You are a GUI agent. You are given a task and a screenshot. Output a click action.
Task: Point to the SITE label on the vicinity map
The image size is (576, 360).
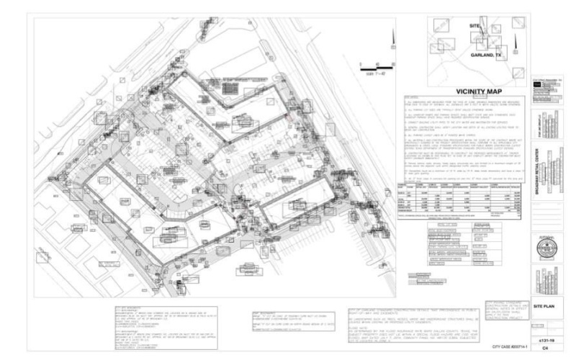coord(474,27)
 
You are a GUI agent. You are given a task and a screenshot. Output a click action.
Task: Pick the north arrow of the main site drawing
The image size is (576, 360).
coord(392,37)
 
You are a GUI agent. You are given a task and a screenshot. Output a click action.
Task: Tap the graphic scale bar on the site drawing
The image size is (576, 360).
coord(374,69)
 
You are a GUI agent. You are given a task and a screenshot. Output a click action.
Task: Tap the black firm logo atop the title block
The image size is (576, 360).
coord(537,84)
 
